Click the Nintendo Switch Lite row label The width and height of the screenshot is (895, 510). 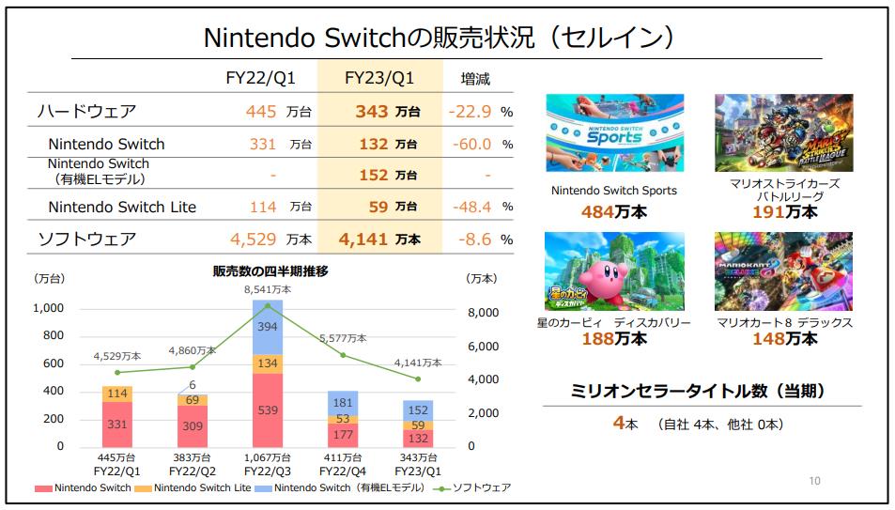pyautogui.click(x=122, y=207)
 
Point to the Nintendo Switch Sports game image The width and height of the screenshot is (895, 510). pyautogui.click(x=613, y=132)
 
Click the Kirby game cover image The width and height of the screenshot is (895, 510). pyautogui.click(x=613, y=271)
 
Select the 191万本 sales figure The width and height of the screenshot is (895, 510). pyautogui.click(x=784, y=212)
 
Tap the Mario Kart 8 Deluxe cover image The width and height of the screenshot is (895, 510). pyautogui.click(x=784, y=271)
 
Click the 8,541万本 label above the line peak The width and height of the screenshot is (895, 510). pyautogui.click(x=268, y=290)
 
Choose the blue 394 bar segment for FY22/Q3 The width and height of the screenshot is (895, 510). pyautogui.click(x=268, y=326)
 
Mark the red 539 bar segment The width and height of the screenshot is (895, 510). pyautogui.click(x=268, y=410)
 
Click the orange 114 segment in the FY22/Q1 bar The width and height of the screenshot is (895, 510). pyautogui.click(x=117, y=394)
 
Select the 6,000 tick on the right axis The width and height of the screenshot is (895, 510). pyautogui.click(x=485, y=347)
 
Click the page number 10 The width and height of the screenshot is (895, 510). pyautogui.click(x=814, y=482)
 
